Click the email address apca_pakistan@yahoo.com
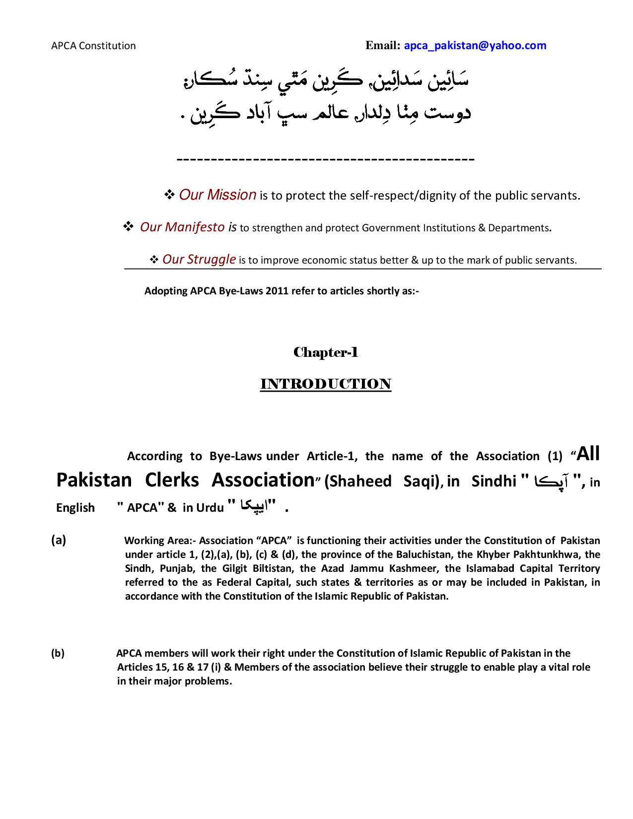click(475, 46)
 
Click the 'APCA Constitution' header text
click(93, 46)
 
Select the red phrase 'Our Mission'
click(217, 195)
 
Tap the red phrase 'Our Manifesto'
click(182, 227)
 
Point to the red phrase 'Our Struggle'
click(199, 259)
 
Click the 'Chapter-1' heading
click(326, 352)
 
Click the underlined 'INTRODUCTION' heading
click(326, 384)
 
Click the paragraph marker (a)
click(58, 540)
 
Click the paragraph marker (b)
click(58, 653)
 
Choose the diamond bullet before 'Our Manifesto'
click(128, 227)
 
